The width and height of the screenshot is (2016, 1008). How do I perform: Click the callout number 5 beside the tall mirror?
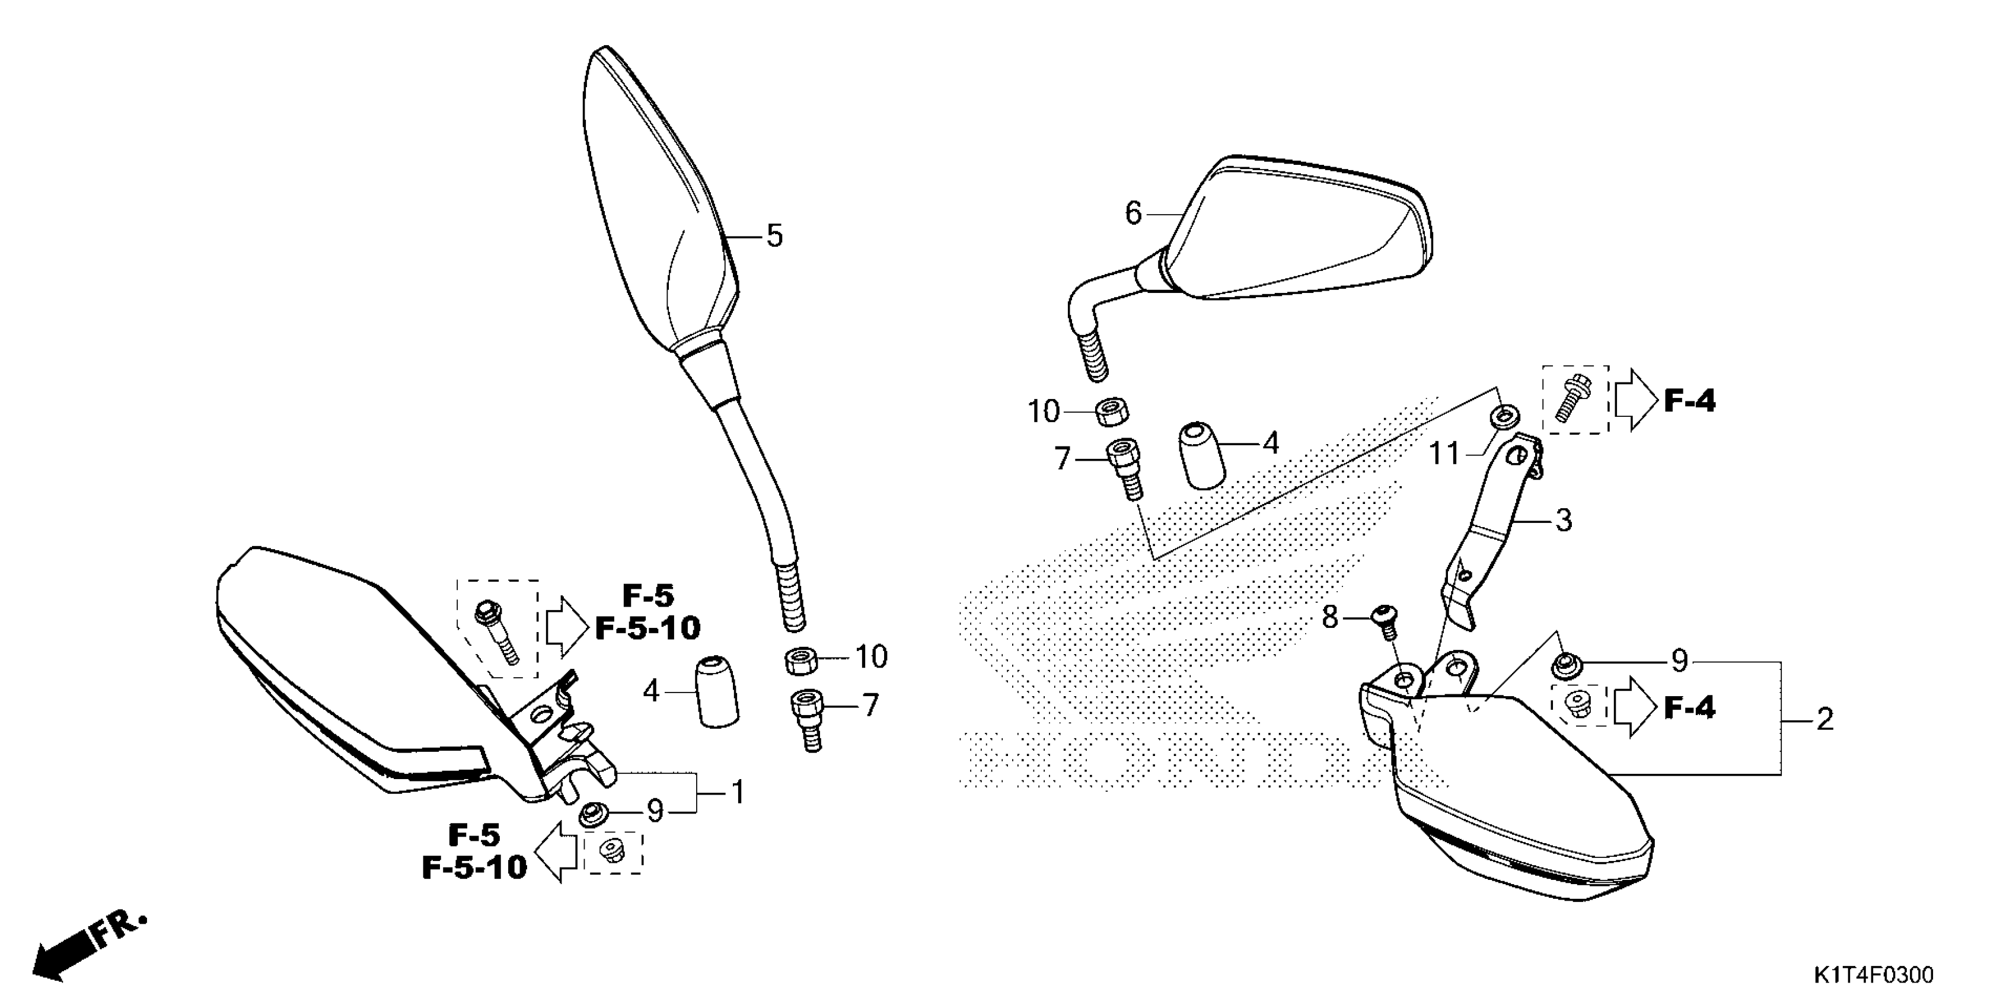(774, 235)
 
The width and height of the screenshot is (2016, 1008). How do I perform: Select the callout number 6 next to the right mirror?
(1133, 213)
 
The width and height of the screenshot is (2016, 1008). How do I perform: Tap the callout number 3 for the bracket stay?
(1563, 519)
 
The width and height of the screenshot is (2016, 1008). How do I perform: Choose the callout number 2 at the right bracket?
(1824, 719)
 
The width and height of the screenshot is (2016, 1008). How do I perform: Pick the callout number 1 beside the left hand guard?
(737, 793)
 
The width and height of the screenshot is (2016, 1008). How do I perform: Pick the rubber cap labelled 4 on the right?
(1201, 455)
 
